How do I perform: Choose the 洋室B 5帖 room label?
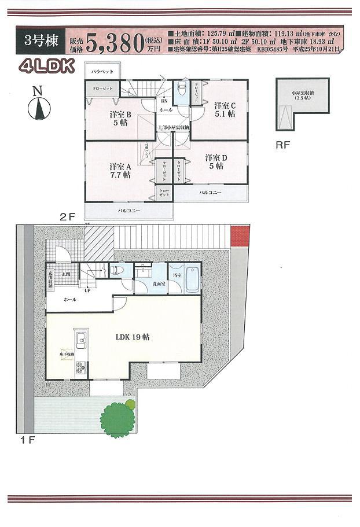coord(121,119)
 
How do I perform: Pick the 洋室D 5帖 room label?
coord(215,161)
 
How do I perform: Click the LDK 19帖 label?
coord(133,337)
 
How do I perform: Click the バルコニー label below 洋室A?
coord(129,211)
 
